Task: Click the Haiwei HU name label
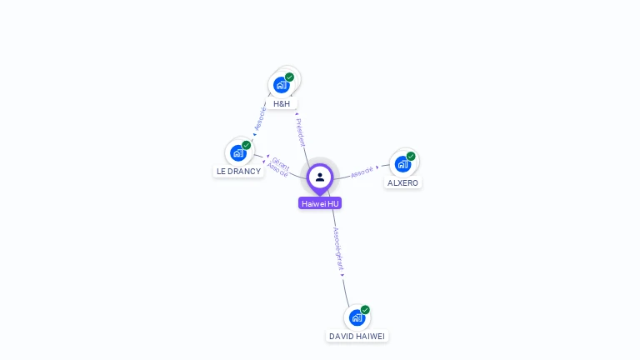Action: [320, 203]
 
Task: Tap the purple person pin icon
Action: [320, 177]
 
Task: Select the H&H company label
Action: [282, 104]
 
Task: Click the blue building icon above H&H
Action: [282, 84]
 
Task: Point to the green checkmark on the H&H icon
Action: [289, 77]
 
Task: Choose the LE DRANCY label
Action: [238, 172]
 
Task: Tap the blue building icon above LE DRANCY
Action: [238, 152]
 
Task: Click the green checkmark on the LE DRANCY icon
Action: [246, 145]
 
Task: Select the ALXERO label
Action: [403, 182]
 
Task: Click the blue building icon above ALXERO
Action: [403, 163]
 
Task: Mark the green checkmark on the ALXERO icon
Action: [411, 156]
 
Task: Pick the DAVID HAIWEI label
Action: [357, 336]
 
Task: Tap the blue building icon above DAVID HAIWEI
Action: [357, 317]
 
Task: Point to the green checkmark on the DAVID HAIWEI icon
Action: [365, 310]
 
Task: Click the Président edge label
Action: [301, 132]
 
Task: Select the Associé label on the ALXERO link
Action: [362, 172]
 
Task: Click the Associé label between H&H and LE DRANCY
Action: [259, 118]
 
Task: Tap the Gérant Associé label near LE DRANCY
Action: [279, 167]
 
